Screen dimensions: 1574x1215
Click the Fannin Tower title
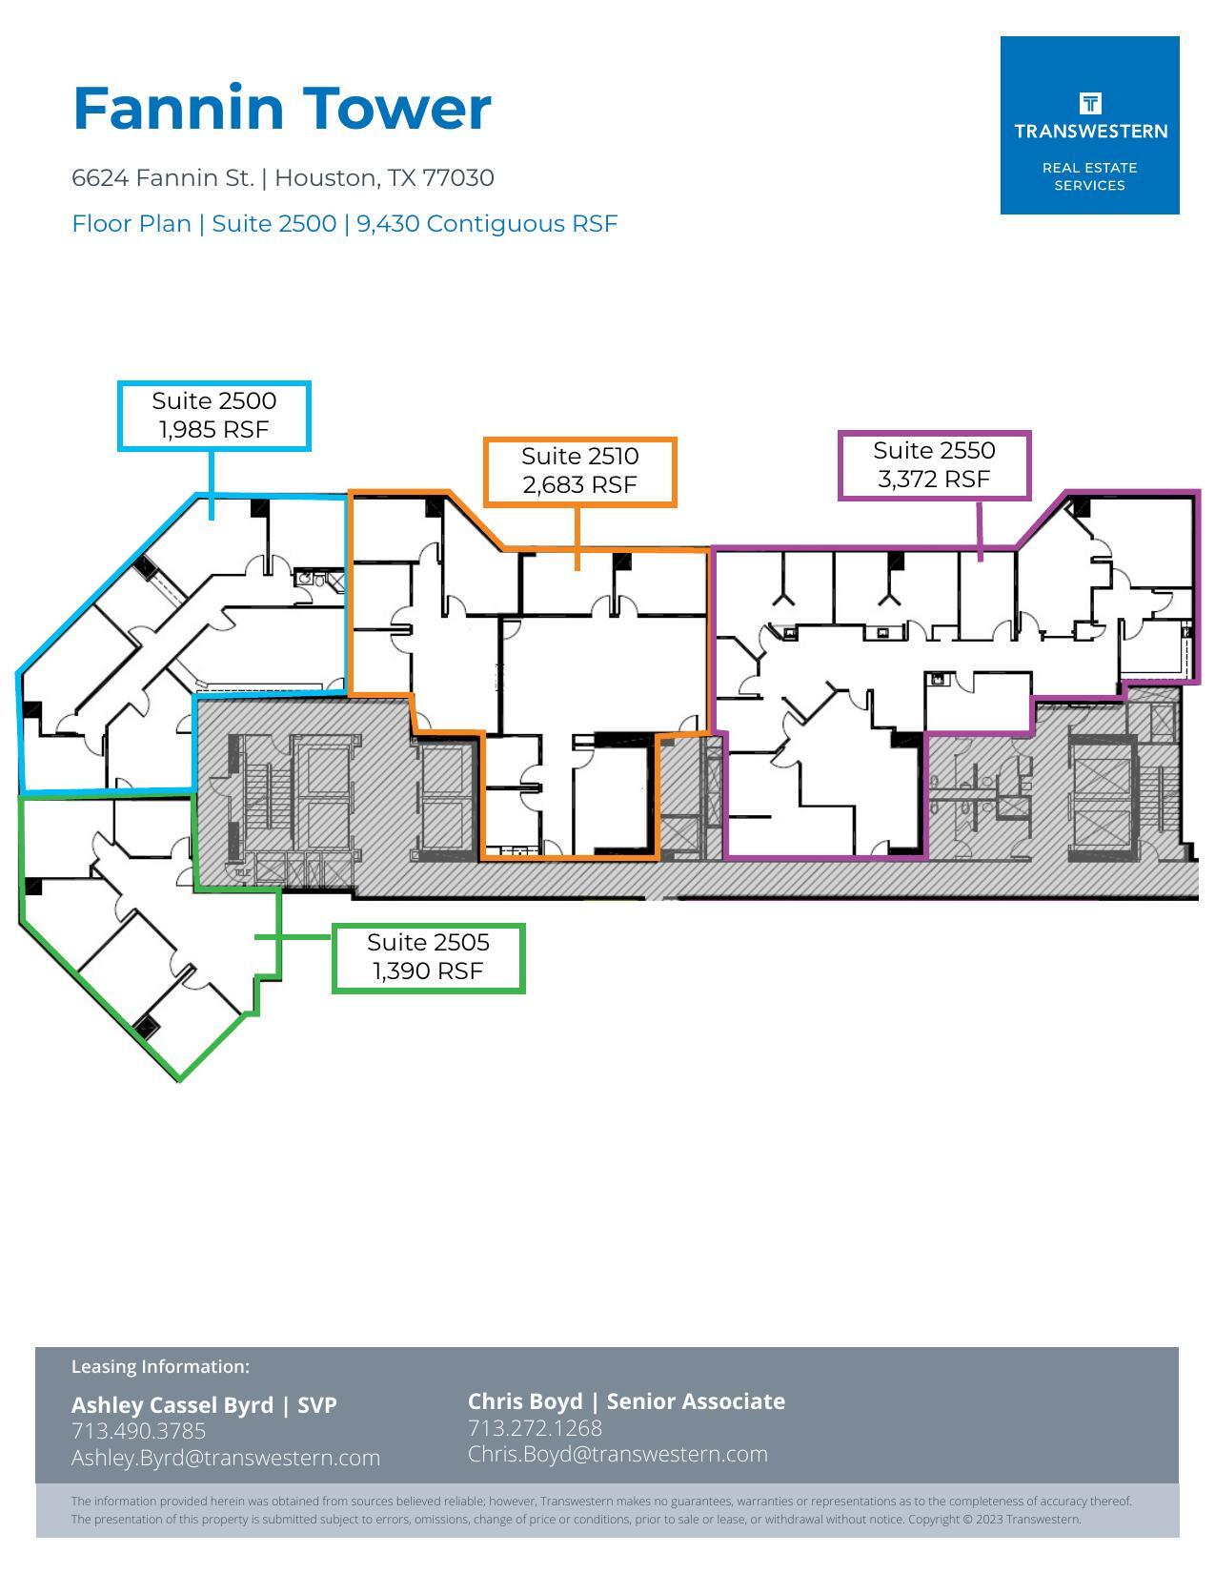click(x=282, y=108)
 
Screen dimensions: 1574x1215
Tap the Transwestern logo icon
click(x=1090, y=103)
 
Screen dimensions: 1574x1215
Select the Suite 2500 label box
click(x=214, y=416)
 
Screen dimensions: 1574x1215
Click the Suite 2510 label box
click(x=579, y=471)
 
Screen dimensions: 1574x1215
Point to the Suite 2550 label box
click(x=934, y=465)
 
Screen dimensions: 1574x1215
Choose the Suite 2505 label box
click(x=428, y=957)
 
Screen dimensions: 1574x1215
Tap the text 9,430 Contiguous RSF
click(x=487, y=224)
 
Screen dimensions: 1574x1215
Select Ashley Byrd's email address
click(x=226, y=1458)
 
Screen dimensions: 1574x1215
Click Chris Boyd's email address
click(x=618, y=1454)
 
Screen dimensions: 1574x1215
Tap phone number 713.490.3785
click(x=138, y=1431)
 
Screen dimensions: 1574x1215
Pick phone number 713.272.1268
click(x=535, y=1428)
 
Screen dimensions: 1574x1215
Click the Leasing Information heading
click(x=160, y=1366)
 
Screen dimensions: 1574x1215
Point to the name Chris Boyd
click(x=524, y=1401)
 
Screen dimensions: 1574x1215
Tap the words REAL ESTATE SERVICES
click(x=1089, y=176)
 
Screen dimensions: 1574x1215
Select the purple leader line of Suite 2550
click(x=980, y=530)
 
